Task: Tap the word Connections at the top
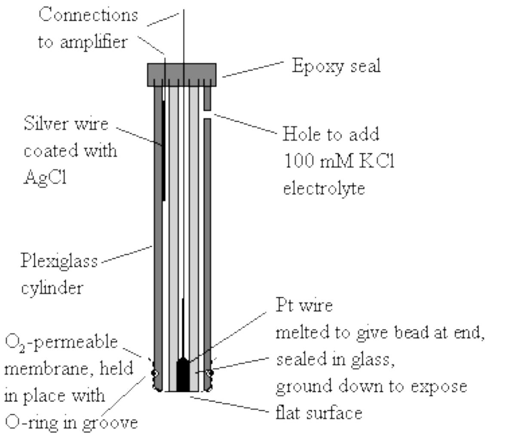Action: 88,15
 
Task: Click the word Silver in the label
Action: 44,124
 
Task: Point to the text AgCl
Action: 45,177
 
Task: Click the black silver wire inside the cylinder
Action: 164,150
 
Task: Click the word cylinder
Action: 52,287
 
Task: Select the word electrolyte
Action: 324,188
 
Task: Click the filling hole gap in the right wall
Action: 207,114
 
